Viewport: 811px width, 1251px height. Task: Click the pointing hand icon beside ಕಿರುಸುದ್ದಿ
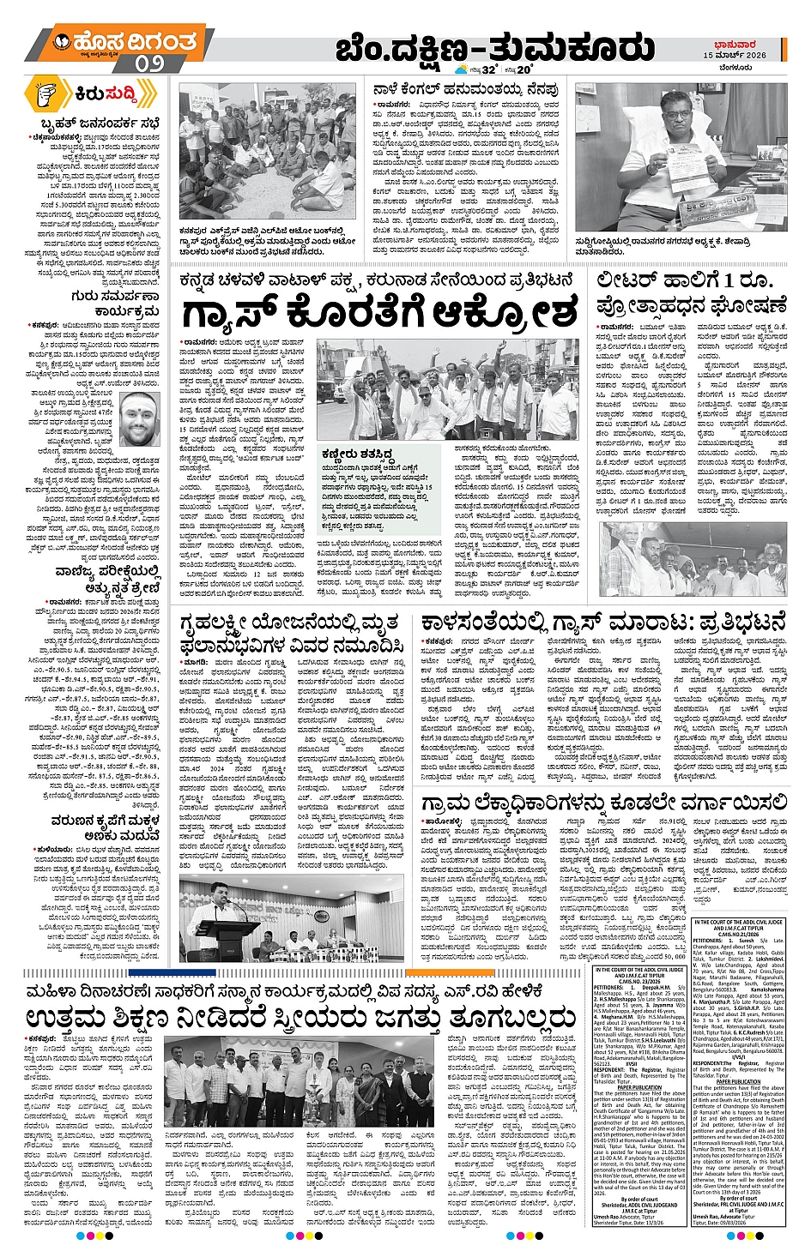point(51,93)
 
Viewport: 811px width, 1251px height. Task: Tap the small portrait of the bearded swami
point(139,420)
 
